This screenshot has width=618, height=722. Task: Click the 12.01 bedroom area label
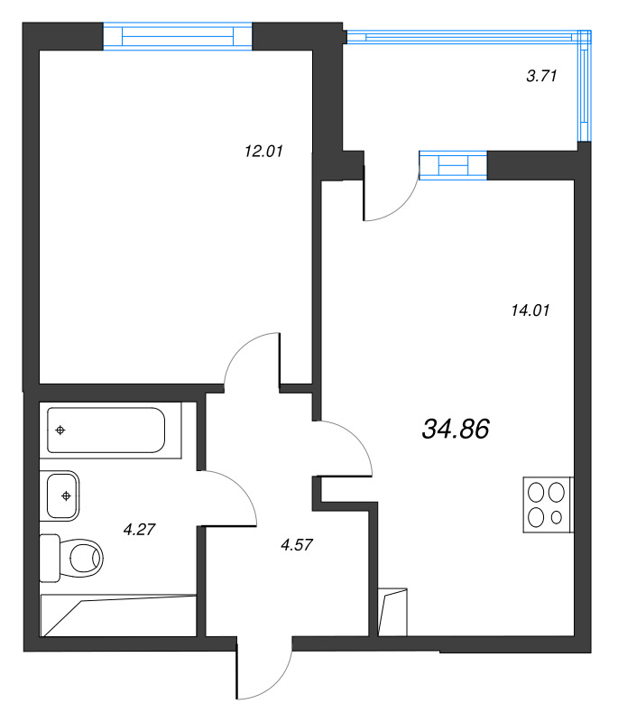tap(263, 151)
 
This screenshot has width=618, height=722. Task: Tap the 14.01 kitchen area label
tap(530, 310)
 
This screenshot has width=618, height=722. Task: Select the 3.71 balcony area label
tap(541, 76)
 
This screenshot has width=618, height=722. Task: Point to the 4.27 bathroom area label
tap(139, 530)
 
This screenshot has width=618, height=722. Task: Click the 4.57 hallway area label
tap(296, 545)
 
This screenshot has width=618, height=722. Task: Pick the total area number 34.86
tap(455, 430)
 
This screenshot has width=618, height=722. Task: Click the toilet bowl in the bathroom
tap(86, 558)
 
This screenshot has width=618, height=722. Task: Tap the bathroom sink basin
tap(62, 495)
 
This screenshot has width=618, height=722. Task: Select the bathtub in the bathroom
tap(106, 430)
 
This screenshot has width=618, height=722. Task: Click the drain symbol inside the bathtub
tap(60, 430)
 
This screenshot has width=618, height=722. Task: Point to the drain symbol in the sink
tap(66, 495)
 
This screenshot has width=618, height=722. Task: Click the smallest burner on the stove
tap(557, 517)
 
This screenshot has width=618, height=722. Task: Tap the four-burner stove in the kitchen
tap(548, 504)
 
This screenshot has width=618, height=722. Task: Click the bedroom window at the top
tap(178, 35)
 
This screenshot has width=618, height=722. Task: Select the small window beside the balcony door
tap(453, 165)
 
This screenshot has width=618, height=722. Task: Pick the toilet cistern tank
tap(50, 558)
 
